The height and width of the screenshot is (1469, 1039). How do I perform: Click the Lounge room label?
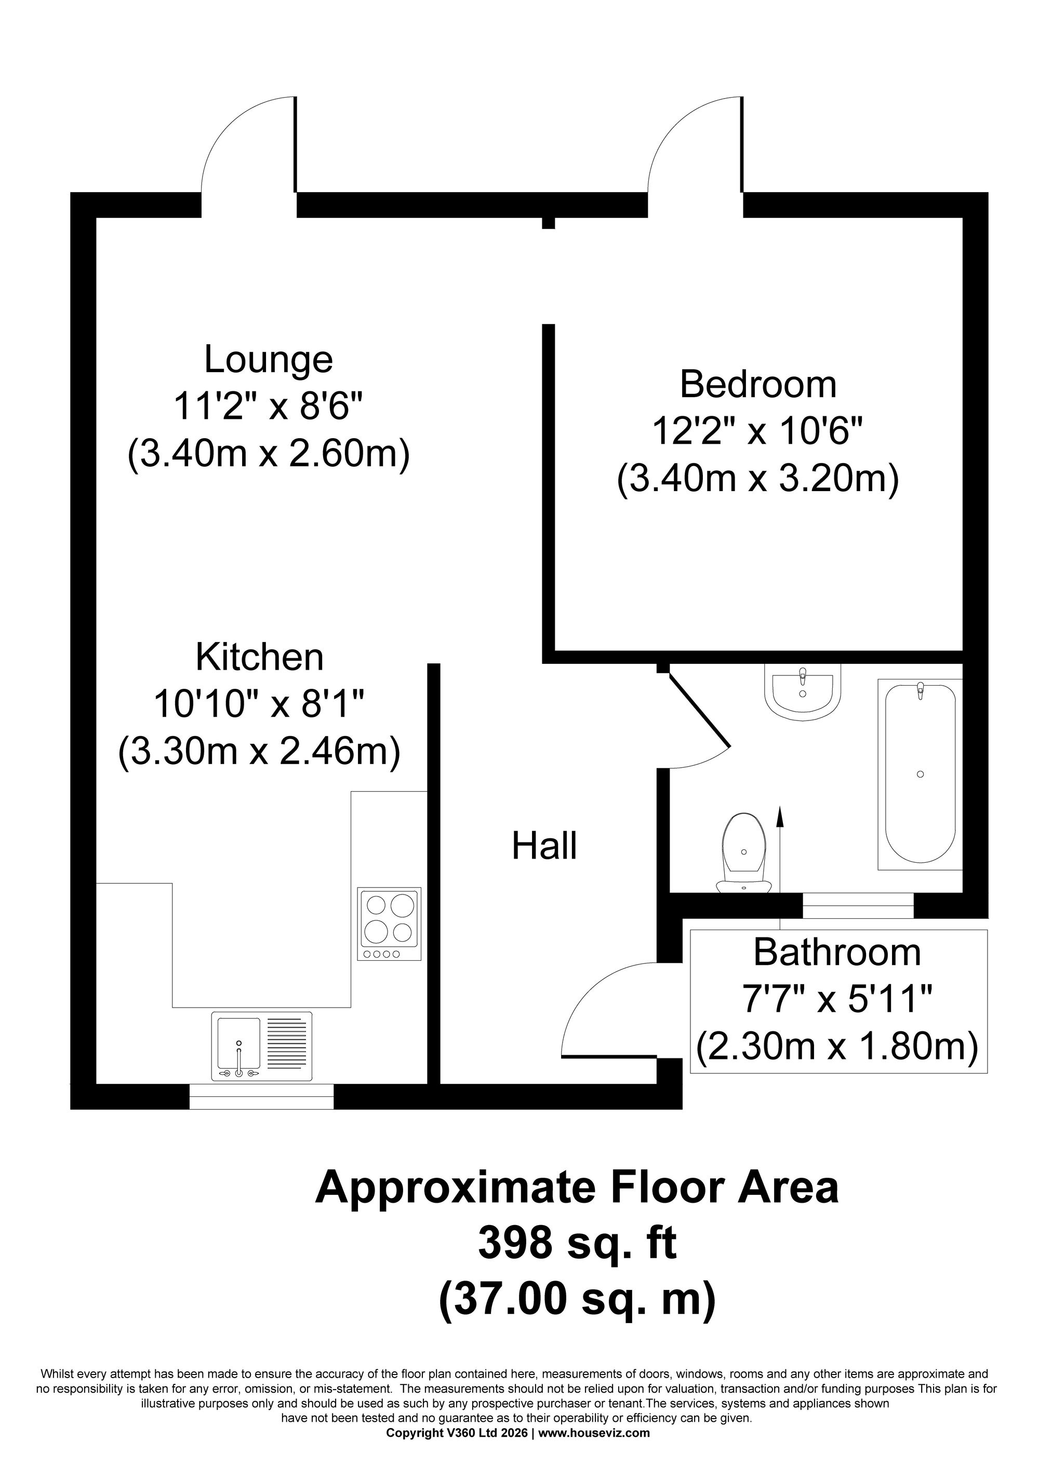pyautogui.click(x=268, y=360)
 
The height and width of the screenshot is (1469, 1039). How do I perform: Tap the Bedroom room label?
pyautogui.click(x=758, y=385)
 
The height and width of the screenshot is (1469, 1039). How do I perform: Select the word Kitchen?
pyautogui.click(x=259, y=657)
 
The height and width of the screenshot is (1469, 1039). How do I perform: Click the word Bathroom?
pyautogui.click(x=837, y=952)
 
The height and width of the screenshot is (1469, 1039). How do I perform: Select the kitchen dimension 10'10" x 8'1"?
pyautogui.click(x=259, y=704)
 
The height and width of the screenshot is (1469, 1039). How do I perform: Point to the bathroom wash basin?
pyautogui.click(x=802, y=691)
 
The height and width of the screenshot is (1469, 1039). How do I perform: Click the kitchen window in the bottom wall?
pyautogui.click(x=261, y=1096)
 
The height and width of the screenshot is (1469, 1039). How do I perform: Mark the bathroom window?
pyautogui.click(x=858, y=906)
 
